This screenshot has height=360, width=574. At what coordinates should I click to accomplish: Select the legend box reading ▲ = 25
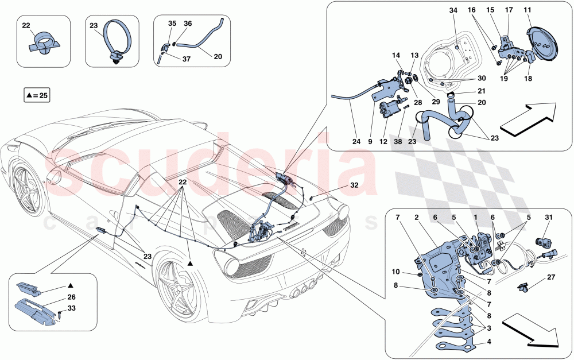(x=37, y=95)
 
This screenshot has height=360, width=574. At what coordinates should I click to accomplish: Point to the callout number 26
(x=71, y=297)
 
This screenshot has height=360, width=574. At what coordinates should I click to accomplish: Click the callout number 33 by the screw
(x=71, y=309)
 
